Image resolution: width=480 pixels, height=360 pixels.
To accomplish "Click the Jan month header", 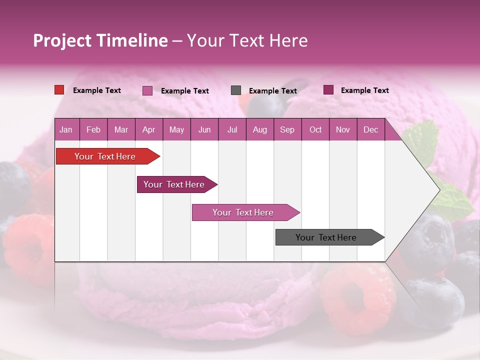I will [x=66, y=129].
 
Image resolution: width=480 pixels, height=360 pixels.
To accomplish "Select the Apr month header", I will [x=148, y=129].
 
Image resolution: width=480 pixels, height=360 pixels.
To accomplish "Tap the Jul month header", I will [x=232, y=129].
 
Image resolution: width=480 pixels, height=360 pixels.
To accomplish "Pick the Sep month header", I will [x=287, y=129].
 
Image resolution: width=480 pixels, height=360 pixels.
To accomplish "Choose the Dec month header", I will [x=370, y=129].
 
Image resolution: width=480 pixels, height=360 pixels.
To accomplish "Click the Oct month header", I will [x=315, y=129].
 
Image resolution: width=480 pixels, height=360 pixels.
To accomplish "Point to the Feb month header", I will [x=93, y=129].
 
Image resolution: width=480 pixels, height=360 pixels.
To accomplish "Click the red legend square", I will [x=59, y=90].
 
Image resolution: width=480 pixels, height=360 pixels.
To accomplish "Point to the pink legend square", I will [x=147, y=90].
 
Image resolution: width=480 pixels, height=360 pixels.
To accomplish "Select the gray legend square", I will [x=236, y=90].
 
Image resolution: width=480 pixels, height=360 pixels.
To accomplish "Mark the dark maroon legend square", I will [x=328, y=90].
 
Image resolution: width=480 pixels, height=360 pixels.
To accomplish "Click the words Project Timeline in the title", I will [x=100, y=40].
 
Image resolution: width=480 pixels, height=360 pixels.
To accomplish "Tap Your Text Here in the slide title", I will [x=247, y=40].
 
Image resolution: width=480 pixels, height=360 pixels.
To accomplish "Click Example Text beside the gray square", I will [x=272, y=91].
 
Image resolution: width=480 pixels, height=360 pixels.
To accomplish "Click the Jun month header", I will [x=204, y=129].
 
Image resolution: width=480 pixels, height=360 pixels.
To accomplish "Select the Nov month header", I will [x=343, y=129].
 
